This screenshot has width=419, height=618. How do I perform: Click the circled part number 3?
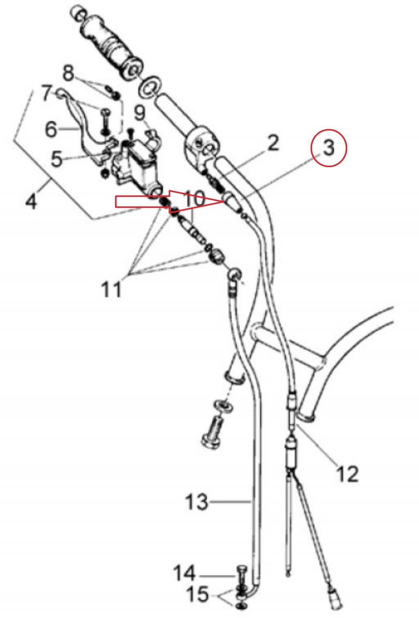point(329,148)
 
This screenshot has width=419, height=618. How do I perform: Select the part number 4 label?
point(31,201)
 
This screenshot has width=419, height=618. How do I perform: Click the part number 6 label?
point(51,129)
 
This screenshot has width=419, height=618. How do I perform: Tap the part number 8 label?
point(69,72)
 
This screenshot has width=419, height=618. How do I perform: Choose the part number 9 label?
point(140,113)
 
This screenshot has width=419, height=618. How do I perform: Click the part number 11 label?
point(112,289)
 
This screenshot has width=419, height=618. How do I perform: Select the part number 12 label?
point(347,474)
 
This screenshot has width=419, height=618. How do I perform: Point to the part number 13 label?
point(196,501)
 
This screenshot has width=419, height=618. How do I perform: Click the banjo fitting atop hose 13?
point(234,274)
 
